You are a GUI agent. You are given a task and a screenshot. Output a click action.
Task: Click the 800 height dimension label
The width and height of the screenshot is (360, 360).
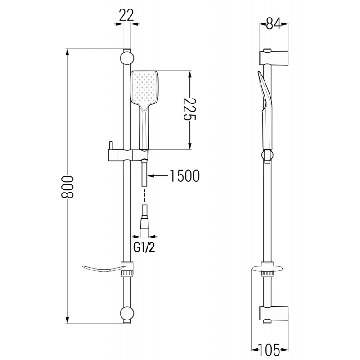pos(68,186)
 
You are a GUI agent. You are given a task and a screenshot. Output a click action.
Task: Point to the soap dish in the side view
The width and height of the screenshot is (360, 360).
pos(267,270)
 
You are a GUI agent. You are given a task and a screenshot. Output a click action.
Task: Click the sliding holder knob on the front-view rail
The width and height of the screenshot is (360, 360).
pos(110,147)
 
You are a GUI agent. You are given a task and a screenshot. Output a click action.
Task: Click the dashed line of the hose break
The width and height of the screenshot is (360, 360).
pos(144,195)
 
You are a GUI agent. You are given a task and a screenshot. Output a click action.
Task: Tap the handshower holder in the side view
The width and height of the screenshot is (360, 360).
pos(267,155)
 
